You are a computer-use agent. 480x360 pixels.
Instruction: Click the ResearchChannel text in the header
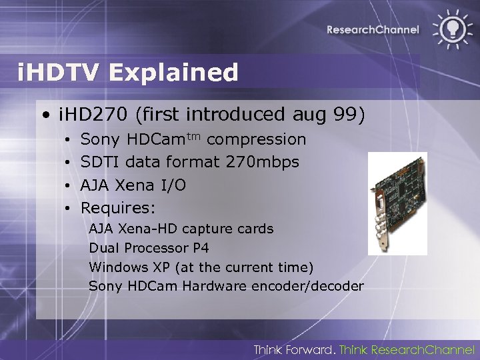[x=373, y=29]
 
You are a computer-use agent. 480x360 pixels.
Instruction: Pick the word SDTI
[x=100, y=162]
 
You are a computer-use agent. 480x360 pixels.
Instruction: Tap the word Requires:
[x=117, y=207]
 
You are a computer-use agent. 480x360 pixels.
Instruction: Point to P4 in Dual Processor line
[x=199, y=248]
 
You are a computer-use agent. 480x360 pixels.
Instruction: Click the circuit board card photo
[x=398, y=203]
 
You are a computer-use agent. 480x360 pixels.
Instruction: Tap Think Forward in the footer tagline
[x=292, y=349]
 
